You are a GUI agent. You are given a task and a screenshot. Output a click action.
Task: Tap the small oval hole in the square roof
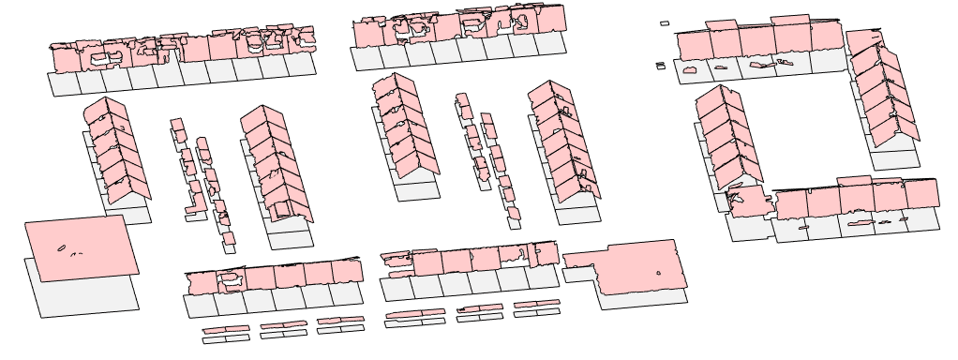click(x=62, y=248)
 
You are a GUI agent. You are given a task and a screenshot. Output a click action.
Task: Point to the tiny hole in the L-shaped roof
click(x=659, y=273)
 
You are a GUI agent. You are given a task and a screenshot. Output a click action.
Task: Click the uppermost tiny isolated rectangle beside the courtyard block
click(x=665, y=23)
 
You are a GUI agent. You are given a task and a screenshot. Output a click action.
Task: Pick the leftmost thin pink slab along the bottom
click(x=226, y=330)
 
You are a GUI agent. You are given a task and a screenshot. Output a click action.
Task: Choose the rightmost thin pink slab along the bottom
click(x=536, y=304)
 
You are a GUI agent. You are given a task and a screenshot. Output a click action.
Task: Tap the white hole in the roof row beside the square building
click(x=230, y=277)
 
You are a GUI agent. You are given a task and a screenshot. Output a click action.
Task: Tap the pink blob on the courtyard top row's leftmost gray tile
click(x=691, y=69)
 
